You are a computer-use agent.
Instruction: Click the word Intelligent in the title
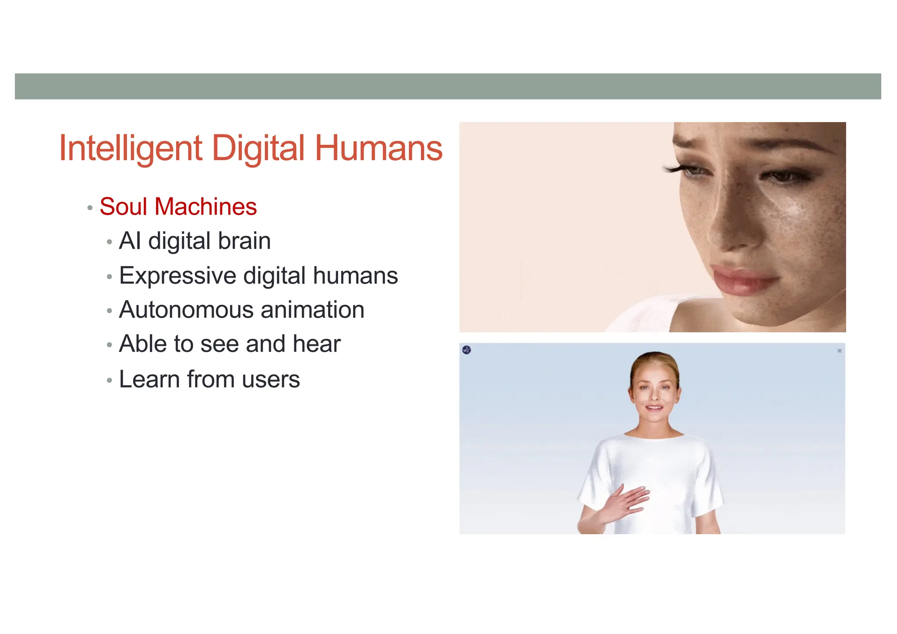coord(131,149)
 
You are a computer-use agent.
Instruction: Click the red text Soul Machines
coord(178,207)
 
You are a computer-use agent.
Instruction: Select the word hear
coord(317,344)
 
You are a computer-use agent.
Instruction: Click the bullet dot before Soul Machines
coord(90,208)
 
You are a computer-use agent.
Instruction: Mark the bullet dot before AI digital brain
coord(109,242)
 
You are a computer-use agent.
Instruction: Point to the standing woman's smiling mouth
coord(654,409)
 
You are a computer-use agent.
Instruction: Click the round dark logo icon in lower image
coord(466,350)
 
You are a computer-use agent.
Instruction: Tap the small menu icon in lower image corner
coord(839,351)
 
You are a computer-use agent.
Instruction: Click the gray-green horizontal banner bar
coord(448,86)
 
